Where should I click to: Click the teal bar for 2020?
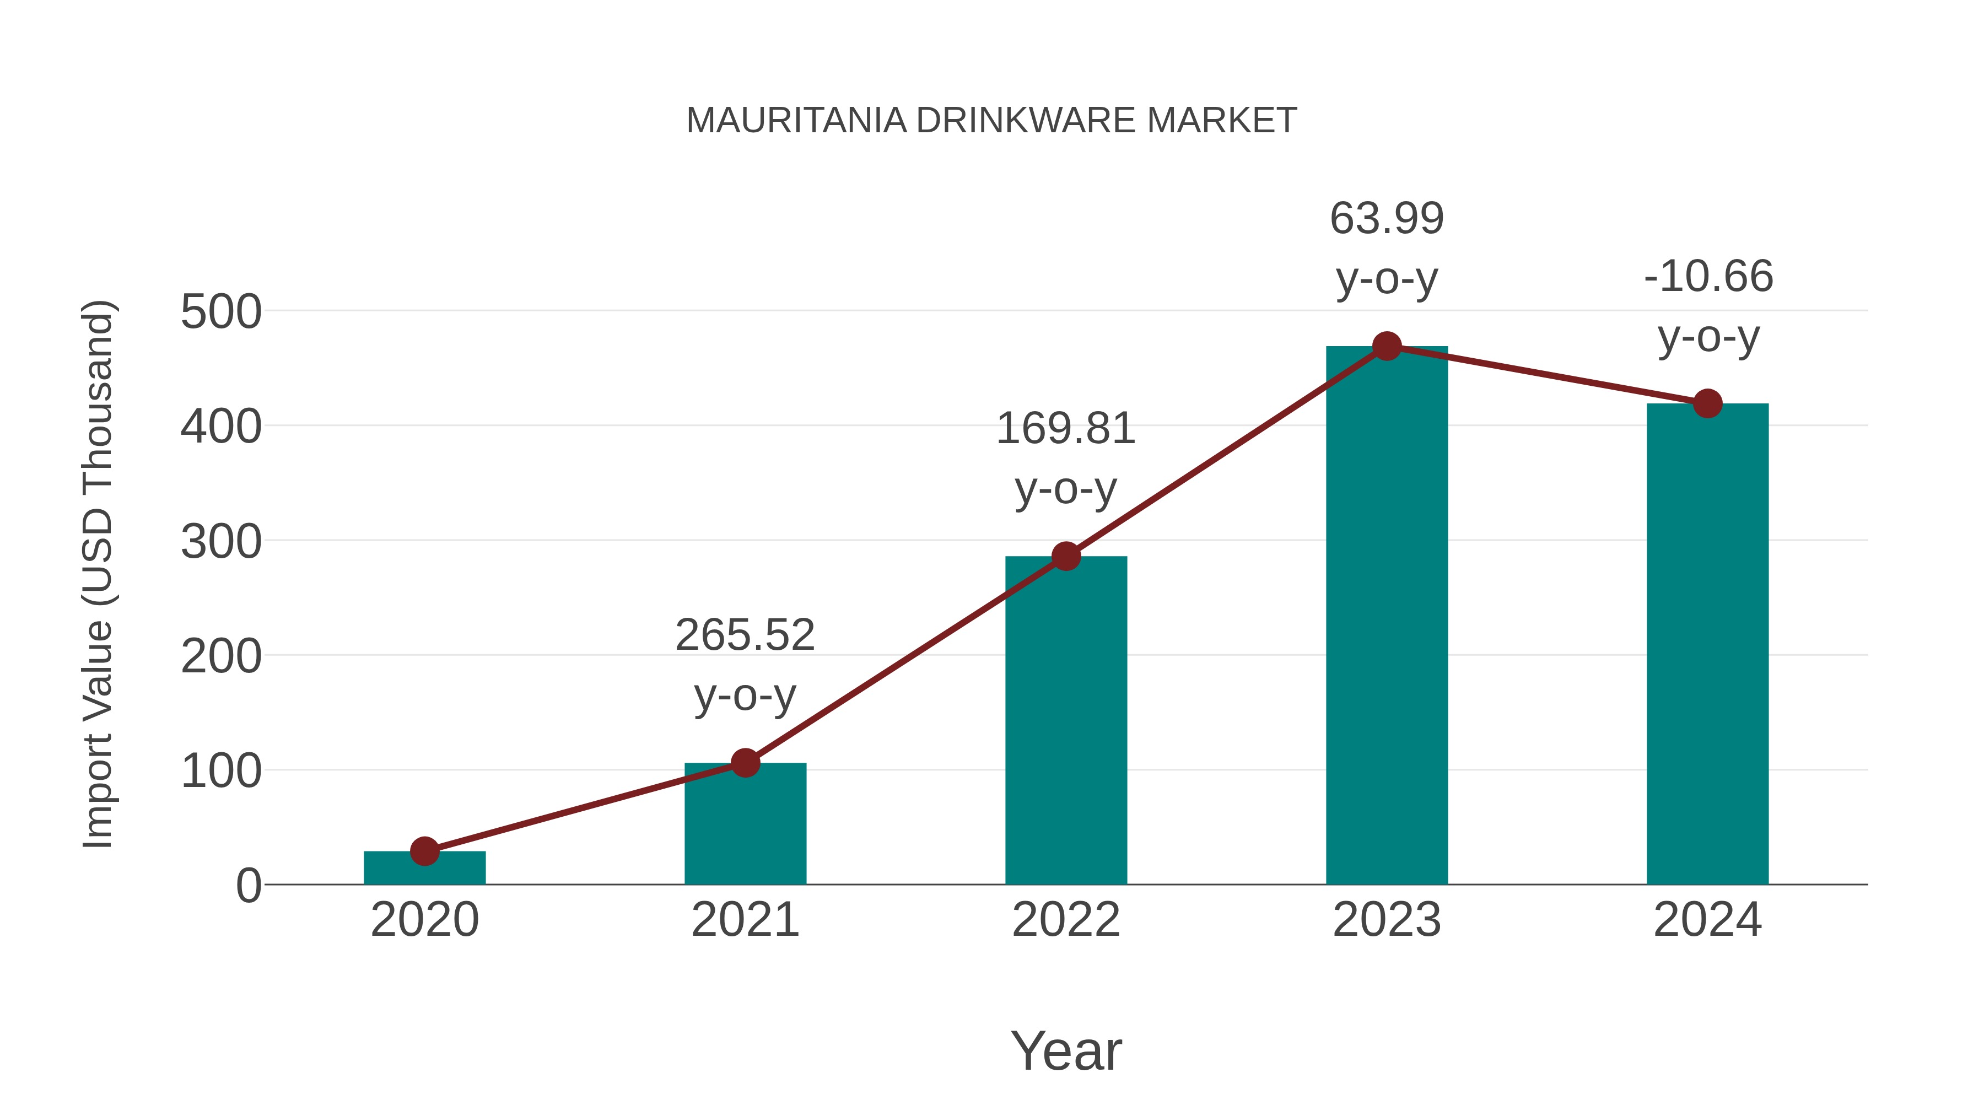click(424, 868)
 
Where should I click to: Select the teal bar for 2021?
click(745, 823)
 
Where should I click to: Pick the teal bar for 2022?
click(1066, 720)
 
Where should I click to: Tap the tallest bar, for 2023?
click(1387, 616)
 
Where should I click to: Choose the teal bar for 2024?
click(1707, 644)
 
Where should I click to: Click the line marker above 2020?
click(424, 851)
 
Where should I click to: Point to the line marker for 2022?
click(1066, 556)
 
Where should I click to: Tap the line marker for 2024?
click(1707, 403)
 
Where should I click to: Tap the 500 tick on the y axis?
click(221, 312)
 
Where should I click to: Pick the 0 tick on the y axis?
click(249, 886)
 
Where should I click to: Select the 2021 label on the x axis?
click(745, 920)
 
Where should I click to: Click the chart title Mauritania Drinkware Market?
click(991, 121)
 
